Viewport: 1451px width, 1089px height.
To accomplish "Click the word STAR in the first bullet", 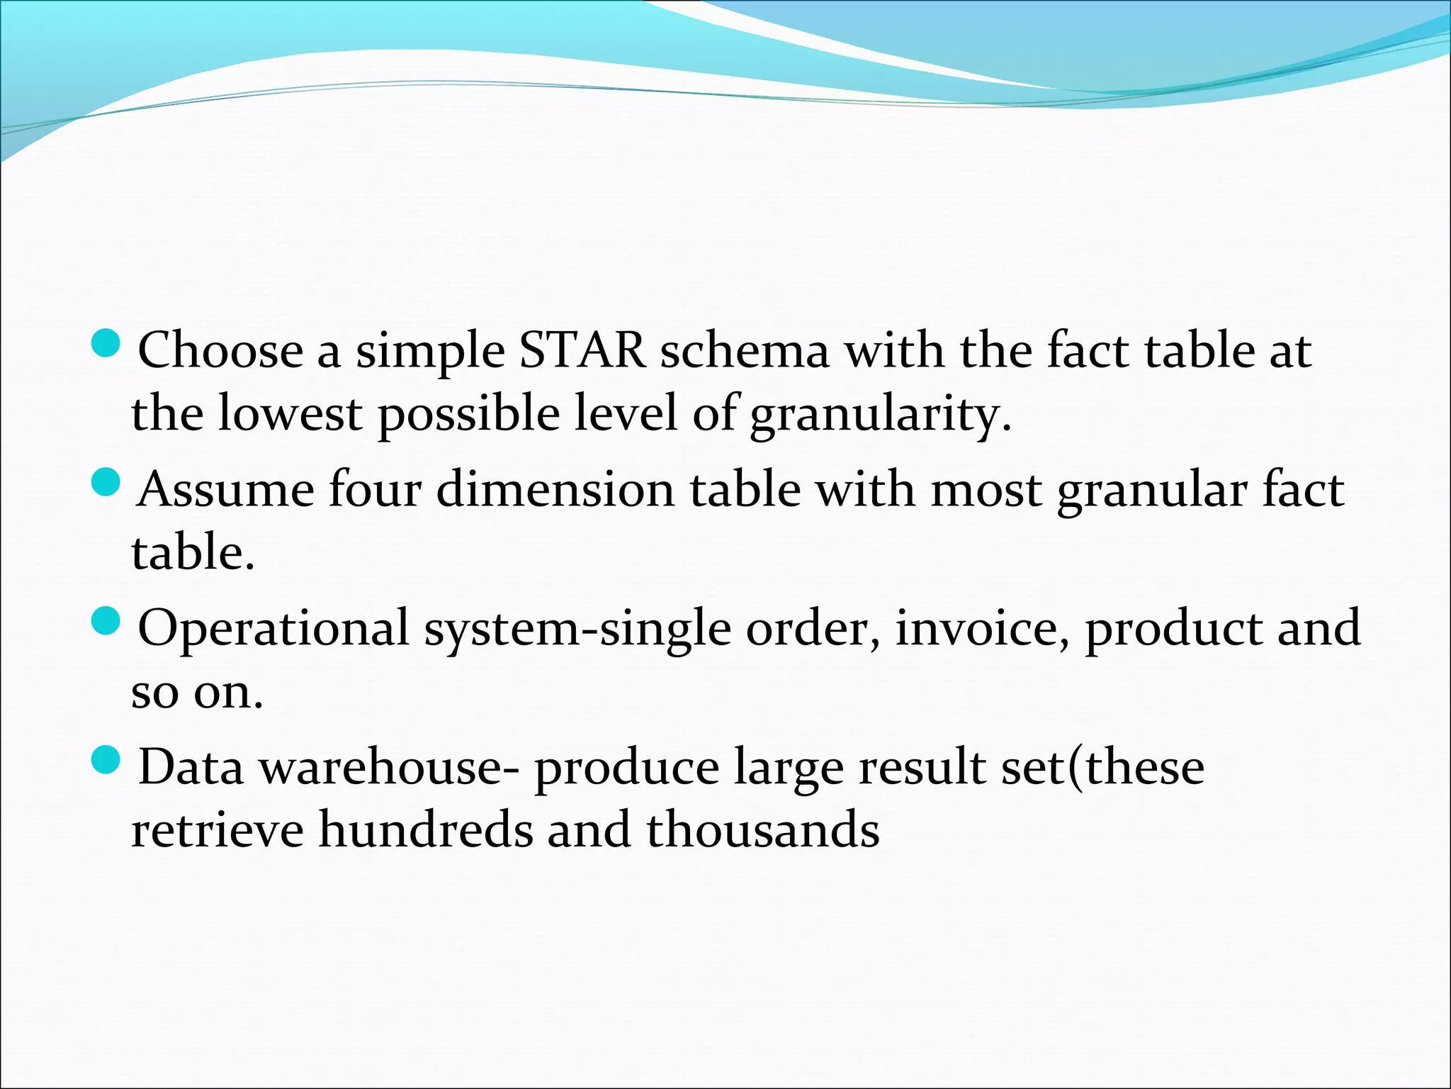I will (582, 350).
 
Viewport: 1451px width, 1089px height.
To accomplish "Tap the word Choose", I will (220, 350).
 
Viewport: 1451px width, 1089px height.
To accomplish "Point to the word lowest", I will (290, 413).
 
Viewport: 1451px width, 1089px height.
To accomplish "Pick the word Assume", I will (226, 489).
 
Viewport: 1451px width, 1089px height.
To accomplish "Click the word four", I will (376, 489).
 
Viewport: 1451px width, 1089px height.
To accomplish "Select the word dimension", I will (555, 489).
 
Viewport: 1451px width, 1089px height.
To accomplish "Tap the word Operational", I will (273, 628).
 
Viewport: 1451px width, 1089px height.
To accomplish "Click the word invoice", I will (982, 628).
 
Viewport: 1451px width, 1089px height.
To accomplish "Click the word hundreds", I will (425, 830).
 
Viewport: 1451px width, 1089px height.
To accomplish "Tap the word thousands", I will (762, 830).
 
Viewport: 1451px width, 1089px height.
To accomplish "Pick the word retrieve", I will (218, 830).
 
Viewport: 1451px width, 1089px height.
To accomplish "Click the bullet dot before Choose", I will (107, 345).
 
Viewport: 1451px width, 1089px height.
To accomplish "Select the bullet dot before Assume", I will (107, 484).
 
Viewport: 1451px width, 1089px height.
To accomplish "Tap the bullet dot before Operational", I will (107, 622).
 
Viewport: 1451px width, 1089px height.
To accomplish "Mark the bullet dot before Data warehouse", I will (107, 761).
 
